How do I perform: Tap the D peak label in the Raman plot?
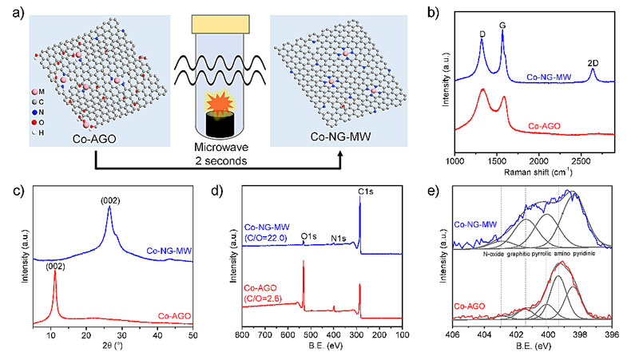click(x=482, y=34)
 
